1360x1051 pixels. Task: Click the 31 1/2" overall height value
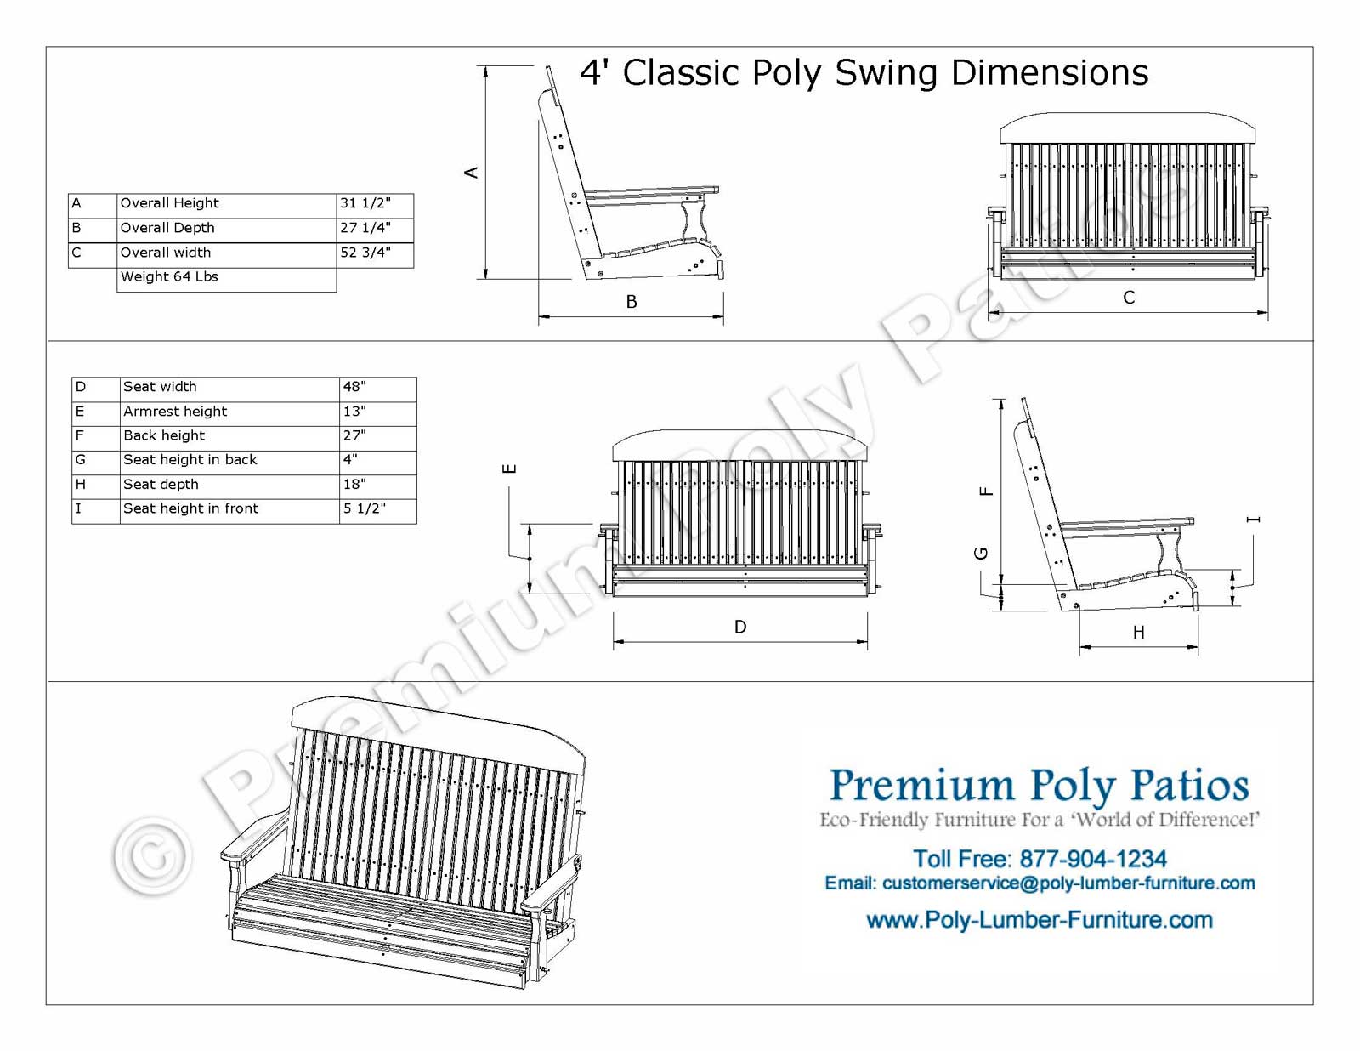pyautogui.click(x=365, y=203)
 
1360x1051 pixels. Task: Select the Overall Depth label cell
pyautogui.click(x=167, y=228)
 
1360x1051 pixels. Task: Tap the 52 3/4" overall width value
pyautogui.click(x=365, y=253)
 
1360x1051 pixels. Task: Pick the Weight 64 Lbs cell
pyautogui.click(x=169, y=277)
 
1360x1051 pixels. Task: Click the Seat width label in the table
pyautogui.click(x=160, y=387)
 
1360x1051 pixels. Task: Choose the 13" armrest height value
pyautogui.click(x=354, y=412)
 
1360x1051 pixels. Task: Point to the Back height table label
pyautogui.click(x=164, y=435)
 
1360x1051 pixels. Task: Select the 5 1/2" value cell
pyautogui.click(x=365, y=508)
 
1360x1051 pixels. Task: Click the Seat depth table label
pyautogui.click(x=161, y=485)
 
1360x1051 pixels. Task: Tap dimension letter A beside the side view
pyautogui.click(x=471, y=173)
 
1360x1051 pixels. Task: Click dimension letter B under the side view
pyautogui.click(x=632, y=302)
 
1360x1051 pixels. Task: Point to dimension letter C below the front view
pyautogui.click(x=1129, y=298)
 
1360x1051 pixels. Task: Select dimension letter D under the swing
pyautogui.click(x=740, y=627)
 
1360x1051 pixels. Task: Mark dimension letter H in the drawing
pyautogui.click(x=1138, y=633)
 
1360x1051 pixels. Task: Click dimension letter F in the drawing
pyautogui.click(x=986, y=491)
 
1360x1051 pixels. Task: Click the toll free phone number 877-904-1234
pyautogui.click(x=1092, y=859)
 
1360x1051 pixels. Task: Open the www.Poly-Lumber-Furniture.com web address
pyautogui.click(x=1039, y=920)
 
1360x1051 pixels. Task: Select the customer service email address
pyautogui.click(x=1068, y=883)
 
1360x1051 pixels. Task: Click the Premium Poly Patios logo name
pyautogui.click(x=1039, y=785)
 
